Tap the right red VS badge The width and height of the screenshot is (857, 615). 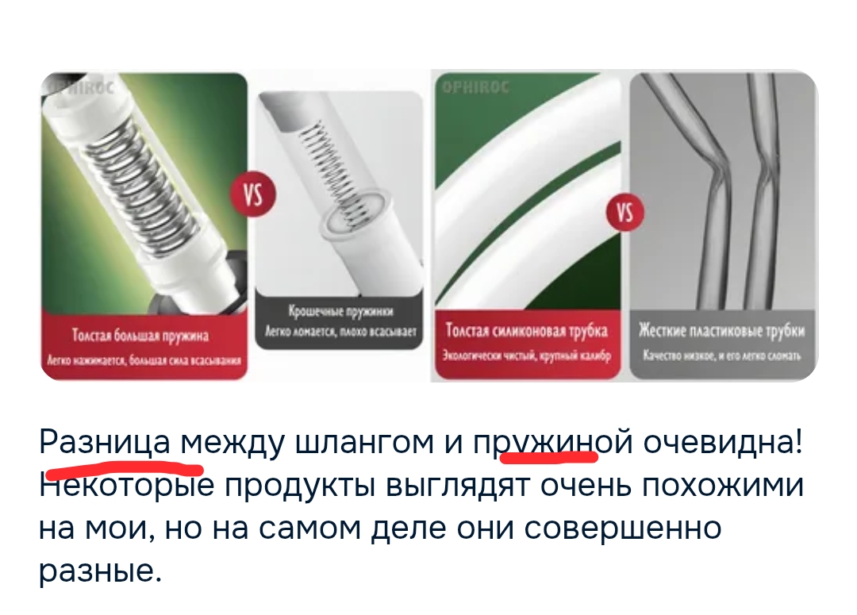(x=625, y=213)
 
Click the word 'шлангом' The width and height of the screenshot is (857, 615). (x=364, y=441)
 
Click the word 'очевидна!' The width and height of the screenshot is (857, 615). (x=722, y=441)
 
